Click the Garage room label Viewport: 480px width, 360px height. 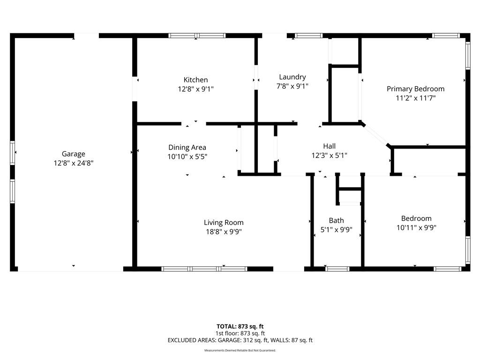pos(74,154)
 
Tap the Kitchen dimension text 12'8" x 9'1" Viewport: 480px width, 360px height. pos(195,89)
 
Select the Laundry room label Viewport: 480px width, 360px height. pos(292,77)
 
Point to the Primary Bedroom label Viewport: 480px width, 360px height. pos(415,89)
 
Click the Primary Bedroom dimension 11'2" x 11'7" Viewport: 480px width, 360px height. pos(415,98)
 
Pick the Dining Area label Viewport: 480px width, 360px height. pos(187,148)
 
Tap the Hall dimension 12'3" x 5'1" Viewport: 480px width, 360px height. pos(330,156)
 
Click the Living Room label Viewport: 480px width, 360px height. pos(224,223)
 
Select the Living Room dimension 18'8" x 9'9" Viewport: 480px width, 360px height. pos(224,232)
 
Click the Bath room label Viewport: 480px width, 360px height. pos(337,221)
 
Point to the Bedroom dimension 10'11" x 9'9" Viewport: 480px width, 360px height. pos(416,228)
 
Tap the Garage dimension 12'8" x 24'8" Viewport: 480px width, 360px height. pos(74,163)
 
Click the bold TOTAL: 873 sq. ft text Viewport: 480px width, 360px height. pos(240,326)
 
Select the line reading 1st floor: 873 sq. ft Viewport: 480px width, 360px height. pos(240,333)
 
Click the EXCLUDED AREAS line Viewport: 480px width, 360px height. pos(240,340)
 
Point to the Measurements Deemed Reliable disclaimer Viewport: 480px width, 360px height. pos(240,350)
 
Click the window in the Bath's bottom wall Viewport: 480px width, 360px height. pos(337,269)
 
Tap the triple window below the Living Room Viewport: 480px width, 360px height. pos(204,269)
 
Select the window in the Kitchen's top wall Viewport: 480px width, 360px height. pos(197,36)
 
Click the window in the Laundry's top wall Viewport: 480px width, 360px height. pos(309,36)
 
